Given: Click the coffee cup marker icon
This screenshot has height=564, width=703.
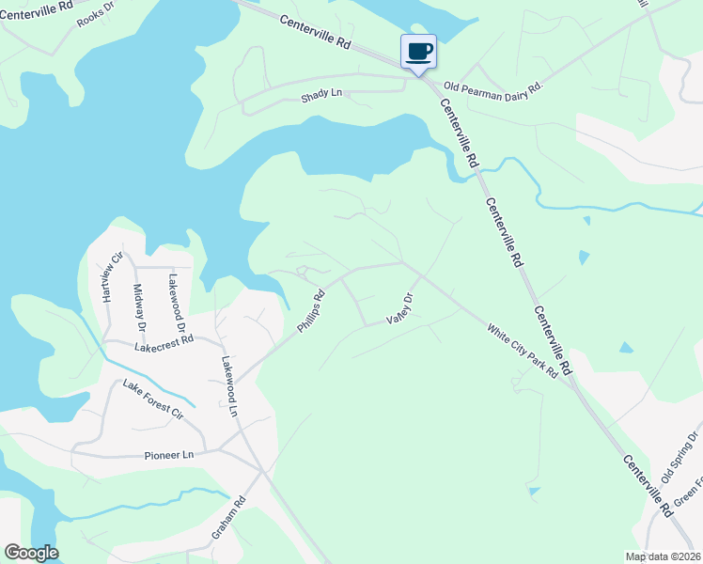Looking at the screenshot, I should [x=419, y=51].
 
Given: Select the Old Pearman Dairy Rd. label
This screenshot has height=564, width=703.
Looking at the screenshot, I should [x=494, y=87].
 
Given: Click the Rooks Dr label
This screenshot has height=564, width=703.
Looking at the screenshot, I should [x=95, y=16].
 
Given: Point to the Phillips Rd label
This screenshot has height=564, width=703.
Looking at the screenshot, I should [x=311, y=311].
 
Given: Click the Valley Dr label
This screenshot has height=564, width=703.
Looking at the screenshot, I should [x=401, y=309].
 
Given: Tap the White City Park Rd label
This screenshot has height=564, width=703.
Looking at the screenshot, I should [x=523, y=351].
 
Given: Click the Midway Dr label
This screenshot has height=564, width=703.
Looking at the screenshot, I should [x=139, y=307].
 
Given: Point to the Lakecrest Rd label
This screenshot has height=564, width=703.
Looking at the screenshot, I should [x=164, y=345].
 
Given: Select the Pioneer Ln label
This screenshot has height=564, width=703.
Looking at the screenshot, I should [x=169, y=455].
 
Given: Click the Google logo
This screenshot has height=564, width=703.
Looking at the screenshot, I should [x=31, y=553].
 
